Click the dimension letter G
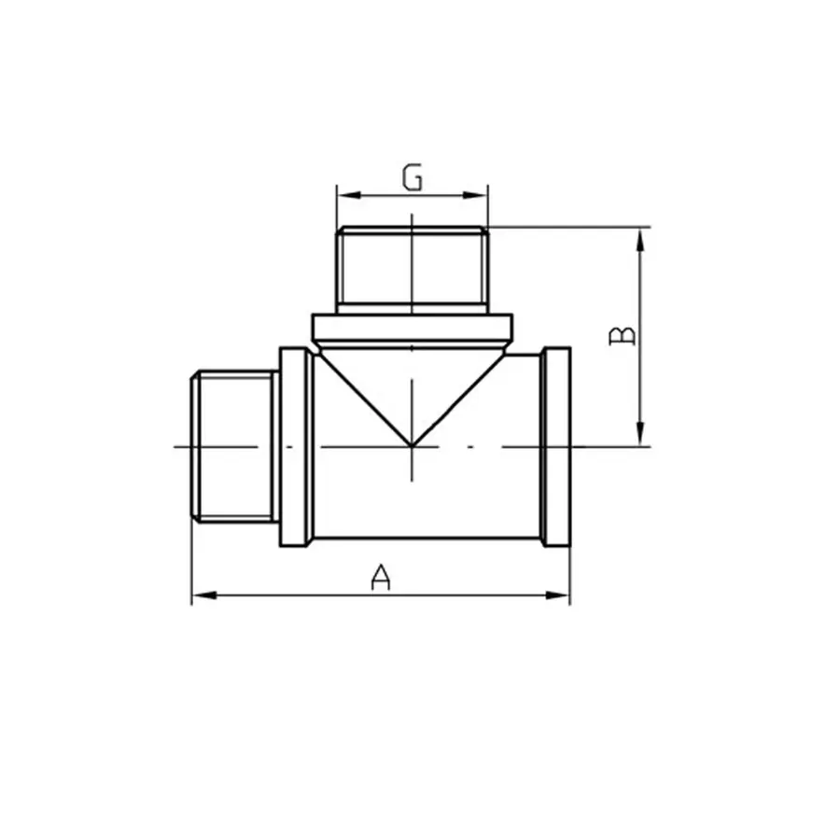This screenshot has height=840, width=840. tap(412, 176)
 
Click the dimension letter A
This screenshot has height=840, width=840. tap(380, 578)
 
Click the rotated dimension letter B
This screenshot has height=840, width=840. tap(623, 336)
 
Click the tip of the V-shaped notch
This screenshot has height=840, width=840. tap(412, 445)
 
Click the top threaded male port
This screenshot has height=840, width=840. tap(412, 267)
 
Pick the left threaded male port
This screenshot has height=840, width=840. tap(233, 446)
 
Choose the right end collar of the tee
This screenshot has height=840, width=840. tap(556, 446)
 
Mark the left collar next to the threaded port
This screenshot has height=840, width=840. tap(294, 446)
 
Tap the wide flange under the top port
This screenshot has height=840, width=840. tap(412, 328)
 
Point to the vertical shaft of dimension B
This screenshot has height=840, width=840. tap(641, 373)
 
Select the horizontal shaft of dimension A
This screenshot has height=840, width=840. tap(280, 595)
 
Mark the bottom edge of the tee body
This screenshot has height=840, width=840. tap(425, 539)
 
